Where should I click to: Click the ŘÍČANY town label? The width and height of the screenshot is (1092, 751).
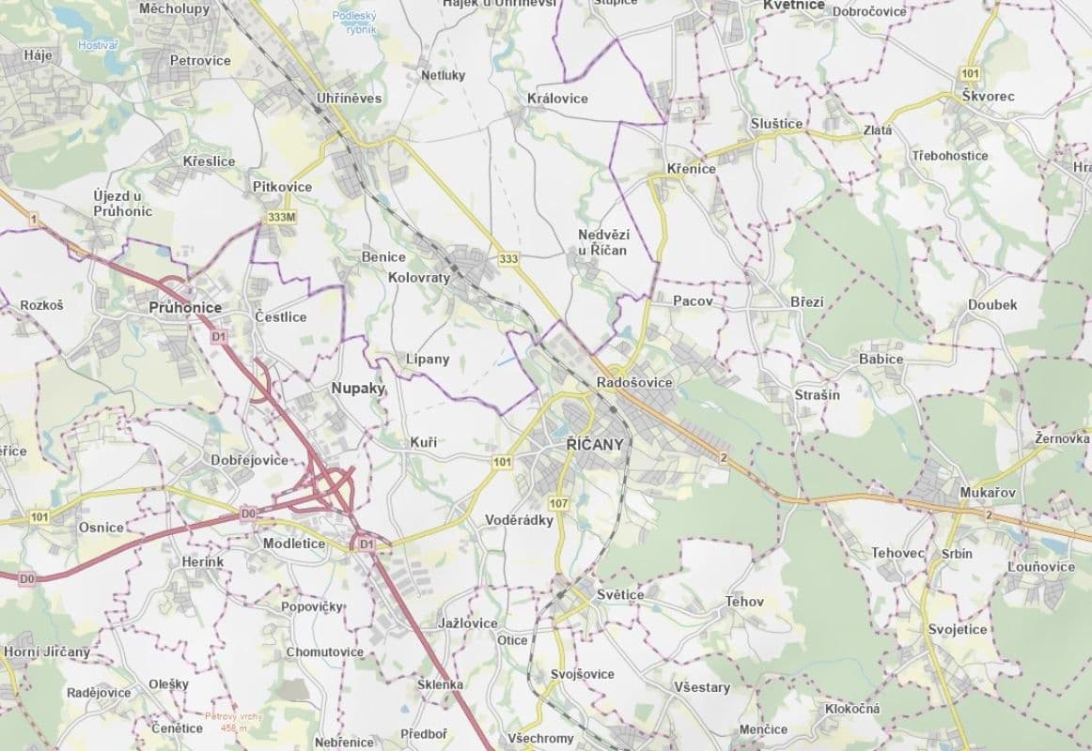click(595, 444)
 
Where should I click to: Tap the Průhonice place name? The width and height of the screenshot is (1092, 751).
click(185, 307)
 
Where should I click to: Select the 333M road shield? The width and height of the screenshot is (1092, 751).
click(281, 217)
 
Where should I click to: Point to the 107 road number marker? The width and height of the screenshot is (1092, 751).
click(559, 504)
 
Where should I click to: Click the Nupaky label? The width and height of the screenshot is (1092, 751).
click(358, 387)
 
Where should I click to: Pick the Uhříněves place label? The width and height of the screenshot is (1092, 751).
click(348, 98)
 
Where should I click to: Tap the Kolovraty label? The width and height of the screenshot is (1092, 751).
click(419, 278)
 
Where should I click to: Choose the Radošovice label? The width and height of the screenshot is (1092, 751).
click(634, 382)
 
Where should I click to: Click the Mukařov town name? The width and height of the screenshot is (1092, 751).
click(986, 492)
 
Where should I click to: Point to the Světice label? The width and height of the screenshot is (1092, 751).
click(620, 595)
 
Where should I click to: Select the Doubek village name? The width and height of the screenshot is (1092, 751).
click(992, 305)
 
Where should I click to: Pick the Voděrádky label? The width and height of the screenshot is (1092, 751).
click(519, 520)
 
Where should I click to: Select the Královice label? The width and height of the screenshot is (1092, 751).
click(557, 99)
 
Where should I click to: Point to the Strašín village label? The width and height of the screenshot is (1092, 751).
click(817, 395)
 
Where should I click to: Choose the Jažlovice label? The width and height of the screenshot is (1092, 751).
click(467, 623)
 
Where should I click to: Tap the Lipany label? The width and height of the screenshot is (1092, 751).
click(428, 359)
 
